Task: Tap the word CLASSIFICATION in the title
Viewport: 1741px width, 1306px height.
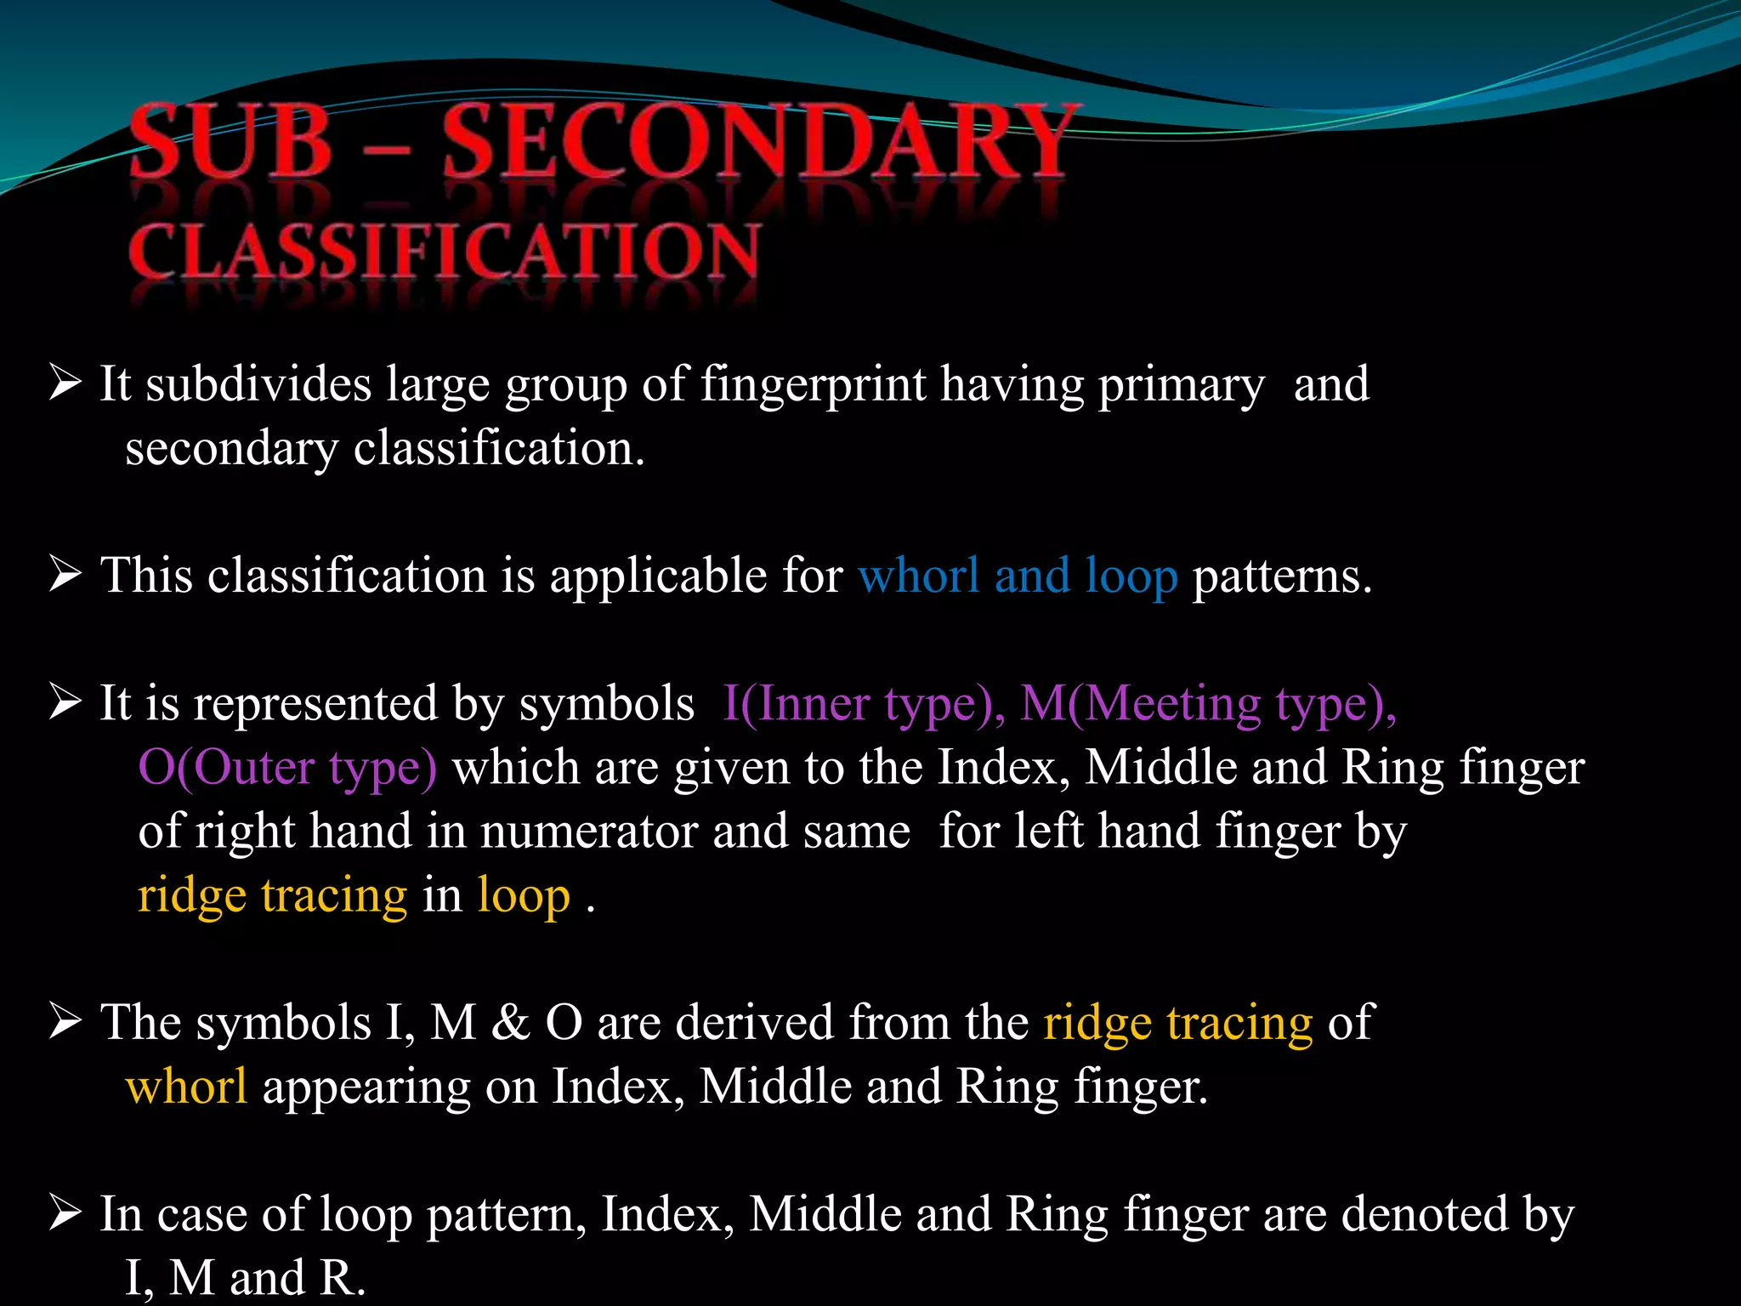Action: point(443,252)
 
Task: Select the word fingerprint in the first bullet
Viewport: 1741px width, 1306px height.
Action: point(813,384)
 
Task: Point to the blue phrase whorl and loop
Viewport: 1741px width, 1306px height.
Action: point(1018,576)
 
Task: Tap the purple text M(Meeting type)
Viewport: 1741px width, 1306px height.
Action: point(1207,705)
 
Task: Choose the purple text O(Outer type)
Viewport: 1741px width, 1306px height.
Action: point(287,768)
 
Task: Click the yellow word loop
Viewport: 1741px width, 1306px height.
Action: point(524,896)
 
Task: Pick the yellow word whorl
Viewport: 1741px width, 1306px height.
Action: point(186,1087)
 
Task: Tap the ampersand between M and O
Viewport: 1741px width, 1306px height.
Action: point(510,1023)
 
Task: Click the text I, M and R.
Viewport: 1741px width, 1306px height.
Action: point(245,1278)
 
